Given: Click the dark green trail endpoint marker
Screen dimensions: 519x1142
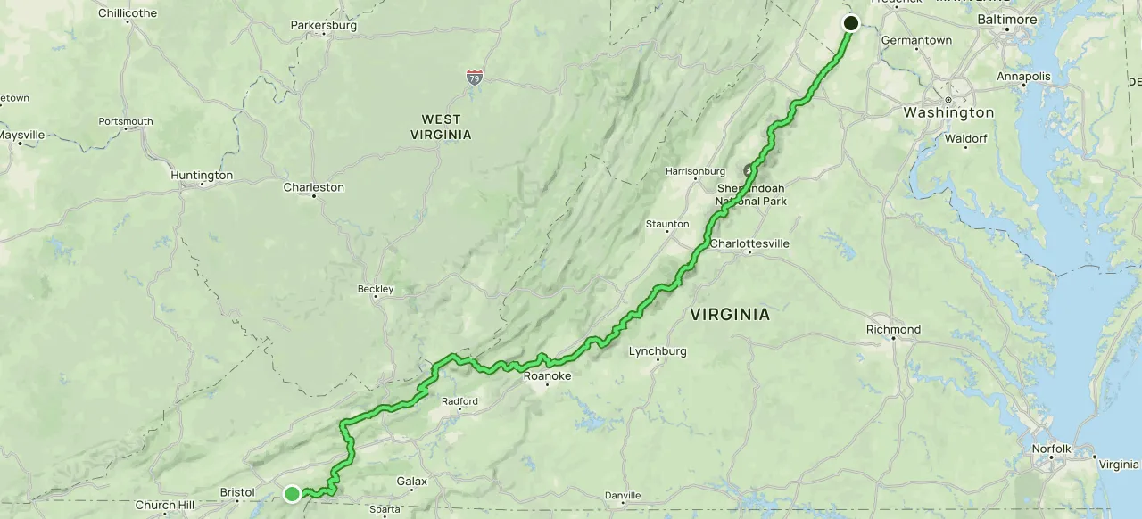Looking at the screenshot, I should click(850, 23).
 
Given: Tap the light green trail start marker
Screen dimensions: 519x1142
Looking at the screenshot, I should click(292, 493).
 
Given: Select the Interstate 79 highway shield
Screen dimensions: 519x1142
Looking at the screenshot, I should click(475, 78).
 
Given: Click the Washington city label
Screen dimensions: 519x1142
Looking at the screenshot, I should click(948, 112).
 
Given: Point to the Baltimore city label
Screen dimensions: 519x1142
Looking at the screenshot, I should click(1007, 19).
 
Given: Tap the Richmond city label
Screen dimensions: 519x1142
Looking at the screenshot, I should click(893, 329).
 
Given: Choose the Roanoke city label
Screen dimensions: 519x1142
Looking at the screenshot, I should click(547, 376).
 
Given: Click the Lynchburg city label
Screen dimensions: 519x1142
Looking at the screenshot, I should click(658, 350).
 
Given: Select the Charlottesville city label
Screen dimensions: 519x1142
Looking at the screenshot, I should click(749, 243).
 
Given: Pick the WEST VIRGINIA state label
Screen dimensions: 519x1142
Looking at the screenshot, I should click(441, 127).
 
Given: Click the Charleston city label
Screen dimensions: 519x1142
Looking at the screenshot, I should click(313, 187).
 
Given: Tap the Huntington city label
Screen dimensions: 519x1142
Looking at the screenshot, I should click(202, 176).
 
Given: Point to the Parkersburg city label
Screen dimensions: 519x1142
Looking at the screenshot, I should click(324, 25).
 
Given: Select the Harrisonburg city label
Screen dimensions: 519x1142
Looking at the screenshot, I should click(695, 170).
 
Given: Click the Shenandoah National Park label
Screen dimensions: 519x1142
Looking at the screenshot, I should click(751, 194).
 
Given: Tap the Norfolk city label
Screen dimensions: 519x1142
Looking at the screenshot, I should click(1050, 449).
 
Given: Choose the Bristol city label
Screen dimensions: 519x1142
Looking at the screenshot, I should click(237, 492).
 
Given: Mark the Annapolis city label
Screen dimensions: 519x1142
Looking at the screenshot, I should click(1023, 77).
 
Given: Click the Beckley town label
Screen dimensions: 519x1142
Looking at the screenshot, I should click(376, 289).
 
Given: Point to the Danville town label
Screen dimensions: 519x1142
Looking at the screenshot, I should click(622, 495).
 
